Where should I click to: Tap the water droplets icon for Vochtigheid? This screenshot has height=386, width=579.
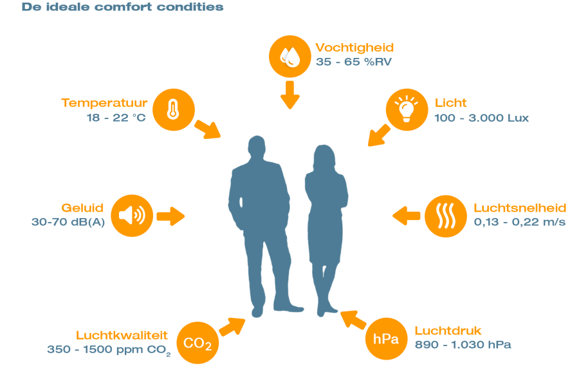[x=290, y=56]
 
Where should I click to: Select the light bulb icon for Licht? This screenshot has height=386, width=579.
[x=407, y=109]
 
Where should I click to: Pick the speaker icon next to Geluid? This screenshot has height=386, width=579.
[x=132, y=215]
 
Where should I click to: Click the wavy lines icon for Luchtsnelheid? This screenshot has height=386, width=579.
[x=446, y=216]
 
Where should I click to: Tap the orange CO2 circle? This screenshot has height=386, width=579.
[x=198, y=343]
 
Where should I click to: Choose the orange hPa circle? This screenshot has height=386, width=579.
[x=386, y=338]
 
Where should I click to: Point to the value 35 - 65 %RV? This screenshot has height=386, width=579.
[x=353, y=62]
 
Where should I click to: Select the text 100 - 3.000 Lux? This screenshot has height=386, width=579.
[x=482, y=118]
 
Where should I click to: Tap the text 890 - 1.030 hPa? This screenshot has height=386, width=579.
[x=463, y=345]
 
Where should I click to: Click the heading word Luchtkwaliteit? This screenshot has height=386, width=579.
[x=122, y=335]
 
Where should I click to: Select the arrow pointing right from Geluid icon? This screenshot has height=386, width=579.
[x=170, y=216]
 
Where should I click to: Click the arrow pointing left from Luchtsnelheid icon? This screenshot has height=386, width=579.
[x=407, y=216]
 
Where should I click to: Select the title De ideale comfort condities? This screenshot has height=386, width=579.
[x=123, y=8]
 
